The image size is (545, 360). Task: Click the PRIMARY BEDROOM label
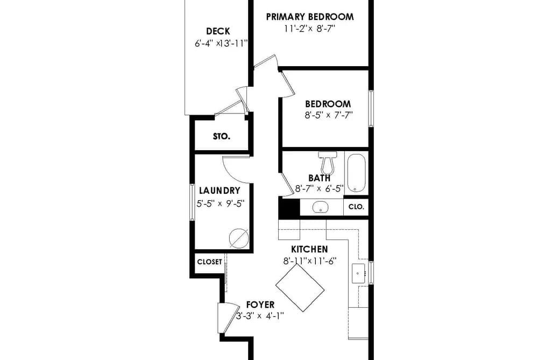[x=310, y=17]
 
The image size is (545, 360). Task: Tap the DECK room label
[x=218, y=31]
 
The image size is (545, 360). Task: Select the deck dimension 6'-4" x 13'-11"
[x=221, y=44]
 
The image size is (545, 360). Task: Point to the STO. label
[x=222, y=137]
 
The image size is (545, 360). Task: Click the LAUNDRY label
[x=220, y=190]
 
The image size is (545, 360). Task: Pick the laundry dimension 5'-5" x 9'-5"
[x=221, y=203]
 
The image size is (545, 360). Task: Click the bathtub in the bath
[x=356, y=173]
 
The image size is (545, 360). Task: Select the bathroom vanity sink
[x=320, y=207]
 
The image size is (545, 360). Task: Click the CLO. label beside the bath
[x=356, y=207]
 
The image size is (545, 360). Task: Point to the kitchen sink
[x=358, y=273]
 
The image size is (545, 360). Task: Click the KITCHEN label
[x=309, y=249]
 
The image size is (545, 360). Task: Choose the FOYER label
[x=260, y=305]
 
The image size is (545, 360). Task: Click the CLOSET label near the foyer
[x=210, y=262]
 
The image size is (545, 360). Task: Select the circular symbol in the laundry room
[x=239, y=238]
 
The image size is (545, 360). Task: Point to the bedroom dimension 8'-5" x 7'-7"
[x=329, y=115]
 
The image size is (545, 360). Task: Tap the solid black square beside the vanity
[x=289, y=208]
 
